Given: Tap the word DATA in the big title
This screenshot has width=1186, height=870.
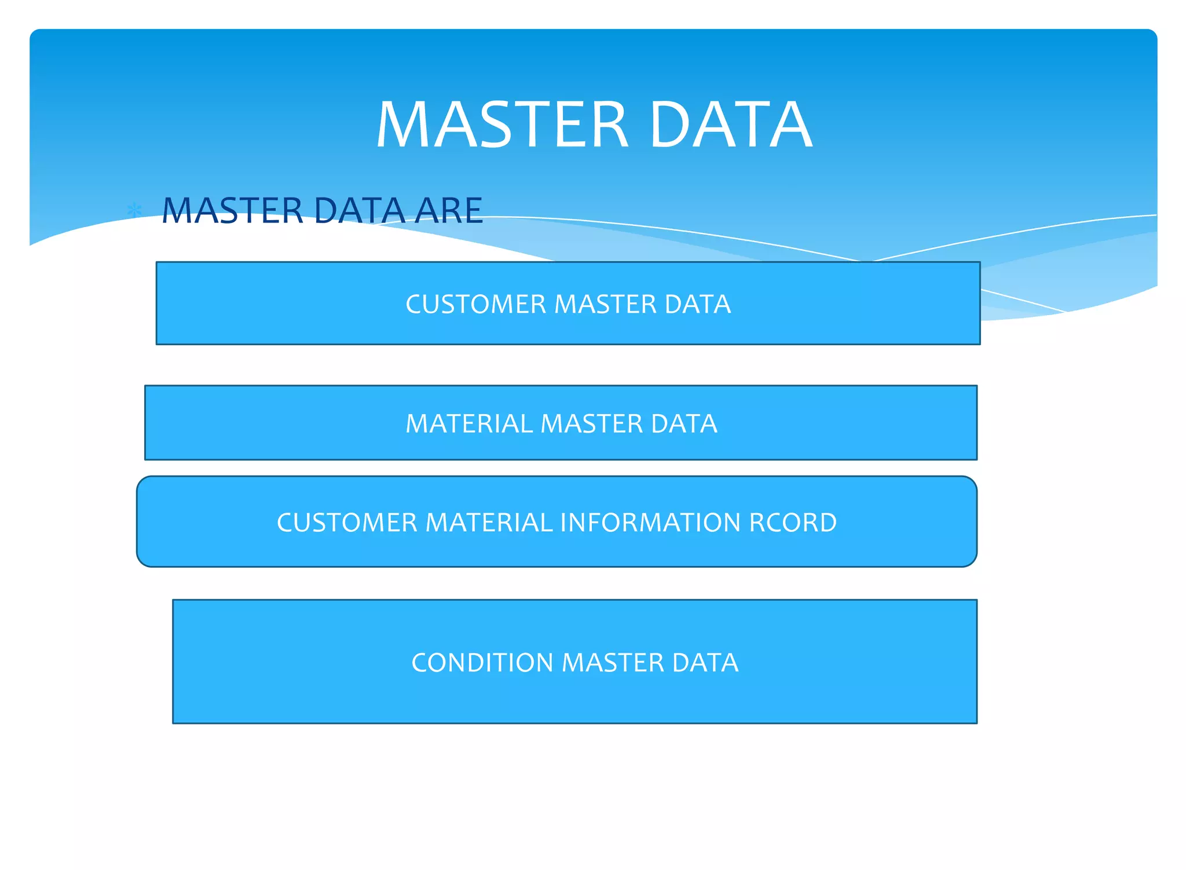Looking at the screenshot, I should click(x=731, y=125).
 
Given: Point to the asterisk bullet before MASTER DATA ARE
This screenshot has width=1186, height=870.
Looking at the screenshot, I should click(x=135, y=210).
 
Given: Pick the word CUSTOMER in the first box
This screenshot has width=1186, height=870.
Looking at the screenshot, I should click(x=475, y=304).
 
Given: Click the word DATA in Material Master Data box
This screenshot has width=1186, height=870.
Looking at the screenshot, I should click(x=684, y=423).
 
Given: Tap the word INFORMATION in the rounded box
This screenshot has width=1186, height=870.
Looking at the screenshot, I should click(x=650, y=522).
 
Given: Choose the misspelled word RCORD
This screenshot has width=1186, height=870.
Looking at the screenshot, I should click(x=793, y=522).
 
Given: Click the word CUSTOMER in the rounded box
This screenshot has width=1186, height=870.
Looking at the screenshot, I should click(x=347, y=522).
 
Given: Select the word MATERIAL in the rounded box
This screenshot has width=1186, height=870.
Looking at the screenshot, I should click(x=489, y=522).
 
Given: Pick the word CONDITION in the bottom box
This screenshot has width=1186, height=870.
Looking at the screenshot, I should click(x=482, y=663).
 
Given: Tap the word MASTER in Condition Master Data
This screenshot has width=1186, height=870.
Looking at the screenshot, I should click(x=613, y=663).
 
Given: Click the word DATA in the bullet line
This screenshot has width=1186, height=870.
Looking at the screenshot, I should click(x=360, y=210).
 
